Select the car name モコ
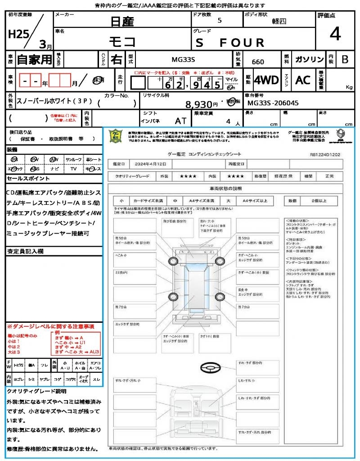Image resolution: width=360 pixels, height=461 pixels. (122, 42)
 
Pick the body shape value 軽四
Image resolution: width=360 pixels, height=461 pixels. (279, 21)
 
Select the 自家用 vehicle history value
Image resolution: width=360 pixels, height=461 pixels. (34, 59)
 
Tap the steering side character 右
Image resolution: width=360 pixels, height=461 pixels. (116, 59)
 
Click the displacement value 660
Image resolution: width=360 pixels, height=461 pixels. (258, 62)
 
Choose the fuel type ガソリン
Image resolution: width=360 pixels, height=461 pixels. (309, 59)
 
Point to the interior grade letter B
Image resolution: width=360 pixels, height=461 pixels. (345, 59)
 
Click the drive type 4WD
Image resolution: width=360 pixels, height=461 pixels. (266, 80)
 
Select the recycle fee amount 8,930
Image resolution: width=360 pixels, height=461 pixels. (198, 104)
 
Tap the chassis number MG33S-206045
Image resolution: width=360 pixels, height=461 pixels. (273, 103)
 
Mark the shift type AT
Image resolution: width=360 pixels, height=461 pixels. (181, 120)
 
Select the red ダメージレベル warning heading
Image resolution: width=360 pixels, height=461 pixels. (50, 326)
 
